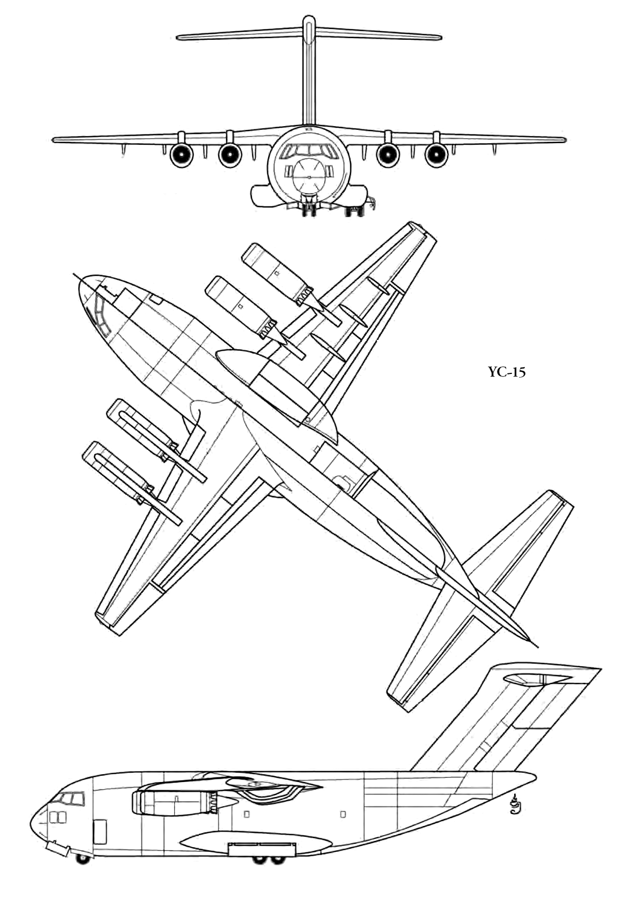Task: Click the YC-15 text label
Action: tap(506, 372)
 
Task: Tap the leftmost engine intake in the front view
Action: tap(181, 155)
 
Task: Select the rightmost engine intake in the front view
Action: tap(436, 155)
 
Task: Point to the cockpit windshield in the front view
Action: tap(308, 151)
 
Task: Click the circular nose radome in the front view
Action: tap(308, 176)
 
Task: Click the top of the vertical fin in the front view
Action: tap(308, 18)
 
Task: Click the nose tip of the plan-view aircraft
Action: tap(80, 280)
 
